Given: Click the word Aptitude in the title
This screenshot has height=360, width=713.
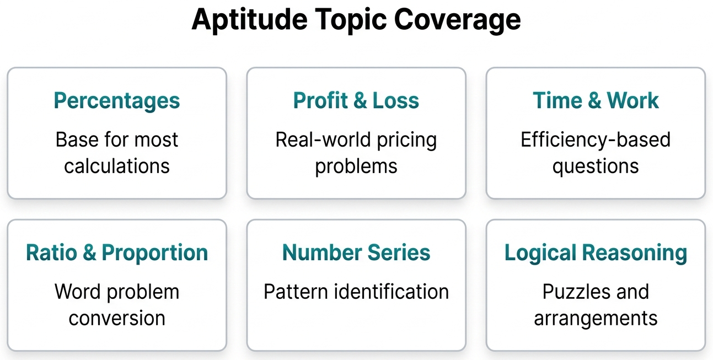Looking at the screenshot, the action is (250, 20).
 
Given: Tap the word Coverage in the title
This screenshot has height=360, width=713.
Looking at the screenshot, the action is (457, 20).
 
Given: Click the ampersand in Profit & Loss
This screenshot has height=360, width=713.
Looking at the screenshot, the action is (360, 100).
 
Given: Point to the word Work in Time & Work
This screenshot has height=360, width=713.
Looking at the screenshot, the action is (633, 100).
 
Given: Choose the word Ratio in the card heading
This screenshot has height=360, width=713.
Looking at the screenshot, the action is (52, 252).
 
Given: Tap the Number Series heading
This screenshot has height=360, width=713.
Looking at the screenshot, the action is (356, 252).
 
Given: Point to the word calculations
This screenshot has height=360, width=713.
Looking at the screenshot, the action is (117, 166).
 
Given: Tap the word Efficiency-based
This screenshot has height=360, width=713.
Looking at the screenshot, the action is (596, 139).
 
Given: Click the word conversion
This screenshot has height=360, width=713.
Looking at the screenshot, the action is (117, 318).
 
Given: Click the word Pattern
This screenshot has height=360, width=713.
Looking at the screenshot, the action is (296, 292).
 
